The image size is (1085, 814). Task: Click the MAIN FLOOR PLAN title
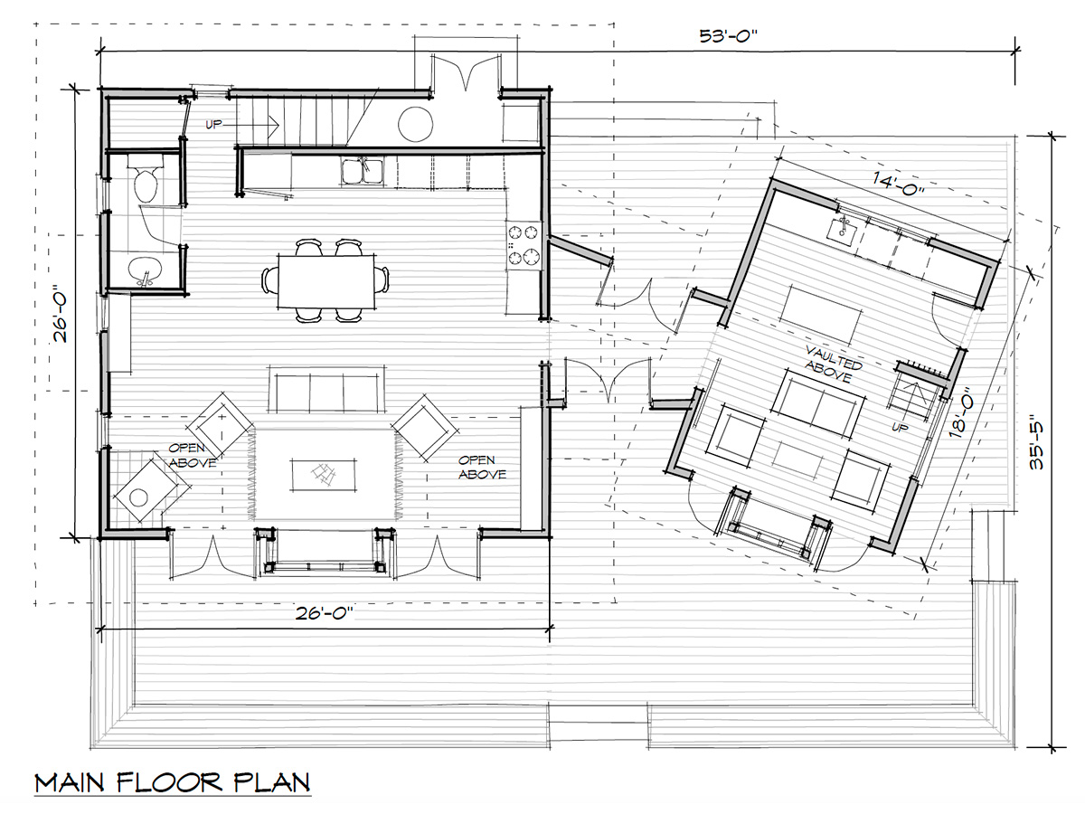[173, 783]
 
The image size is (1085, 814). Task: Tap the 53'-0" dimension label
[728, 36]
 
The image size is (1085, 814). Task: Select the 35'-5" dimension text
[1036, 445]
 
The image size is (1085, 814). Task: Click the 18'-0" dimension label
[961, 412]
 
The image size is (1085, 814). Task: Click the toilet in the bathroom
[146, 178]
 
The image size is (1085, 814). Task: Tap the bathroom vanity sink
[144, 270]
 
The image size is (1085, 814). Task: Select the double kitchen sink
[362, 172]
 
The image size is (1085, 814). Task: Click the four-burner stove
[524, 245]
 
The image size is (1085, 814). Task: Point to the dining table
[326, 281]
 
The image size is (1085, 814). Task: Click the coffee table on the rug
[324, 475]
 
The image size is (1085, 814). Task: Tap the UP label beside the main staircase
[213, 125]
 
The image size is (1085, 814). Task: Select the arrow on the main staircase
[251, 125]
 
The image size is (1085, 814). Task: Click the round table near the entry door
[416, 124]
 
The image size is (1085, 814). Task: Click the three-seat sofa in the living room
[326, 390]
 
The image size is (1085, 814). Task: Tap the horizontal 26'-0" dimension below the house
[325, 613]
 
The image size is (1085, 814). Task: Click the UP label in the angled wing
[901, 427]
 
